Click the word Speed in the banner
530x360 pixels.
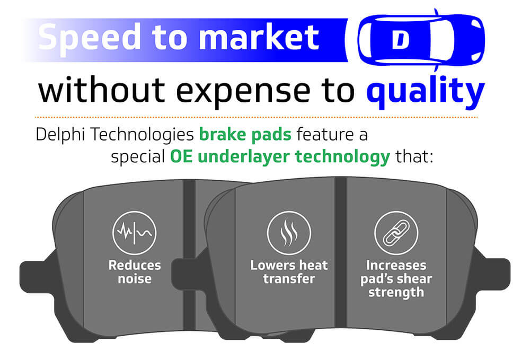(x=89, y=38)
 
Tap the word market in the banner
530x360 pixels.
(x=259, y=37)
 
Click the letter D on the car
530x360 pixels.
(x=401, y=40)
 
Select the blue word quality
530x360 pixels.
(x=426, y=91)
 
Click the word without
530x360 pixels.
(x=101, y=90)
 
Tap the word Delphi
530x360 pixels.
(x=60, y=135)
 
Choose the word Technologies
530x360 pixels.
(x=142, y=135)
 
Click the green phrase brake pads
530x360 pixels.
(x=245, y=135)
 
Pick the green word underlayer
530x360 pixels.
(x=244, y=157)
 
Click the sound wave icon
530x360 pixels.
(x=135, y=233)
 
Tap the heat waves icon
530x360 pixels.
(x=289, y=233)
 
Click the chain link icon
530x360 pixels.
(x=396, y=233)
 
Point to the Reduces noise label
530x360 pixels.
(x=135, y=272)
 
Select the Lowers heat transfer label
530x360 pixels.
(x=289, y=272)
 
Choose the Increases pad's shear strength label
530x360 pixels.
(x=396, y=279)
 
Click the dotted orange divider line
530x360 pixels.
(x=256, y=117)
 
